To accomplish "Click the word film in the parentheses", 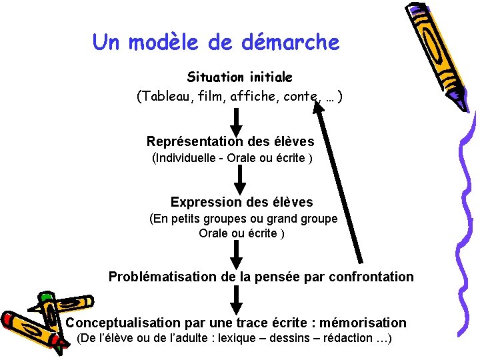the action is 211,97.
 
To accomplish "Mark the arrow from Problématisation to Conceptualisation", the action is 238,299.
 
